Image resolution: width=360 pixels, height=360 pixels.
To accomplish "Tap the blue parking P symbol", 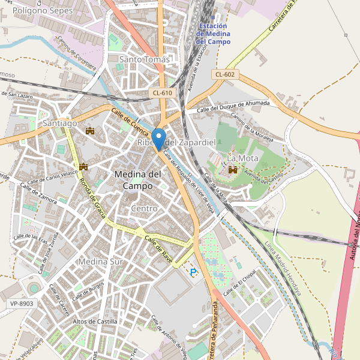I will click(x=193, y=272).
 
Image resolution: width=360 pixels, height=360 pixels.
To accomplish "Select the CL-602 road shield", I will click(x=226, y=74).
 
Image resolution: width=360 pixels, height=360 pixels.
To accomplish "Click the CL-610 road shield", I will click(x=162, y=92).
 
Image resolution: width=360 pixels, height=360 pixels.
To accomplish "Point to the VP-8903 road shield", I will click(x=22, y=304).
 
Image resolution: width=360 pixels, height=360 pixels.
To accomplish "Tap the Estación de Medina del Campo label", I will click(x=213, y=34).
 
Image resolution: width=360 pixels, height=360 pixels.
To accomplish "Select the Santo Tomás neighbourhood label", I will click(x=145, y=59).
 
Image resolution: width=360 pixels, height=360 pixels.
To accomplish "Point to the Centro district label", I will click(x=144, y=208).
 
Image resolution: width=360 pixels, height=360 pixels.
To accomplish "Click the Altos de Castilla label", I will click(x=95, y=322).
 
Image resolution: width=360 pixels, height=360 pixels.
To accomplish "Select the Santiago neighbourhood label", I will click(x=60, y=123).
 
